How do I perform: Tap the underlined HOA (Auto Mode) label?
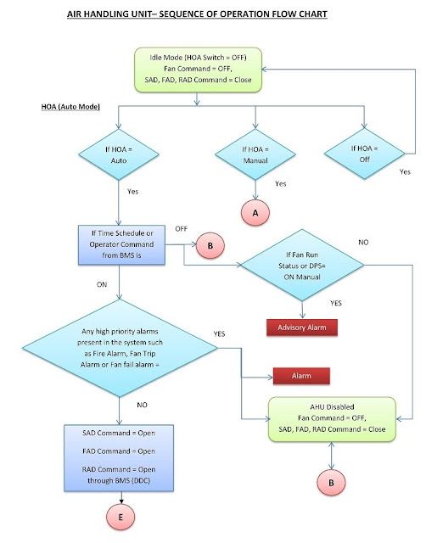point(74,109)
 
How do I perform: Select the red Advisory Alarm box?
point(303,327)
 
